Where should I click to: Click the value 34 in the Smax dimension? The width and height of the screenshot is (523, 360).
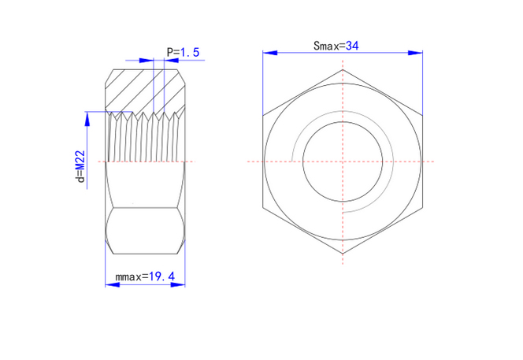coord(352,46)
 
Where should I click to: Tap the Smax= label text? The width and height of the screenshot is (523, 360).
coord(329,46)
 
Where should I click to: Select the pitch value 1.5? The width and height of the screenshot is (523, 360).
coord(190,52)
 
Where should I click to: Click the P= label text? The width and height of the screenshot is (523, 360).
coord(173,52)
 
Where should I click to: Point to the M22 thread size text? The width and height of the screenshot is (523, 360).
coord(80,161)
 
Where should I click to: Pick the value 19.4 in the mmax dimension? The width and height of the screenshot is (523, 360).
coord(161,276)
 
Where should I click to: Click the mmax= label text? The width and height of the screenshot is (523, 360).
coord(132,277)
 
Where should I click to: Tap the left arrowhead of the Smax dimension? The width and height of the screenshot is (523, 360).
coord(270,53)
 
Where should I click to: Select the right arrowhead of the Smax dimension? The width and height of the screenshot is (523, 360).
coord(416,53)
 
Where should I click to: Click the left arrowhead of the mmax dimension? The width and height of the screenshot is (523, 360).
coord(113,284)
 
